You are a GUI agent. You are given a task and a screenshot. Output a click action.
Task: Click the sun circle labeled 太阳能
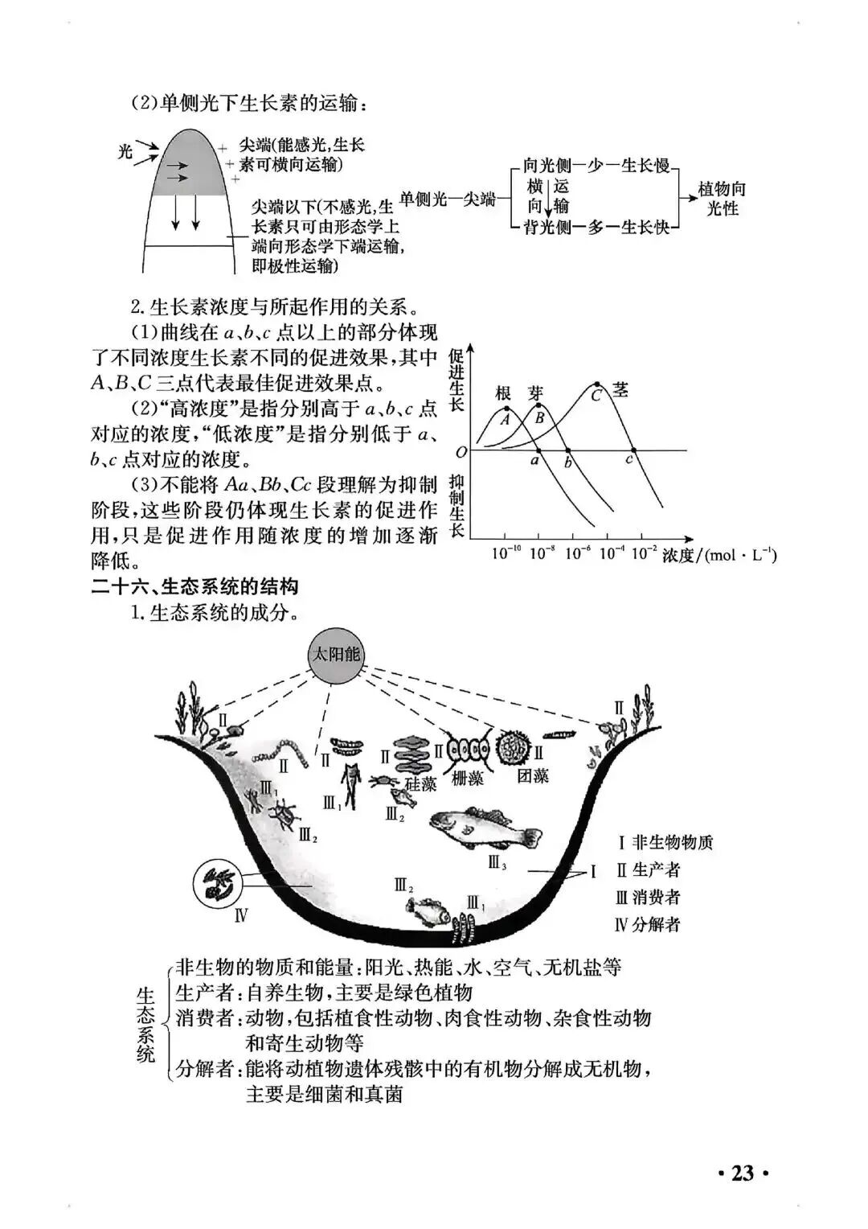pyautogui.click(x=337, y=655)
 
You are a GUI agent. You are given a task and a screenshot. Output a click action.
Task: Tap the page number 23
pyautogui.click(x=743, y=1173)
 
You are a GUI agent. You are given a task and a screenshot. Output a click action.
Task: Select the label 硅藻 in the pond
pyautogui.click(x=420, y=783)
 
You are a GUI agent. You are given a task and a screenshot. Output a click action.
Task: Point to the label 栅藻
pyautogui.click(x=468, y=778)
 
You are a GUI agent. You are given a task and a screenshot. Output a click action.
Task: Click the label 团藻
pyautogui.click(x=533, y=776)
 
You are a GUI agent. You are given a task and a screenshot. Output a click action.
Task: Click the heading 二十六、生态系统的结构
pyautogui.click(x=194, y=586)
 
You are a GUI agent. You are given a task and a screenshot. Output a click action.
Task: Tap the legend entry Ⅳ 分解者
pyautogui.click(x=647, y=924)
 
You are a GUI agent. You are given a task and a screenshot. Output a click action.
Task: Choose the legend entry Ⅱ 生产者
pyautogui.click(x=648, y=870)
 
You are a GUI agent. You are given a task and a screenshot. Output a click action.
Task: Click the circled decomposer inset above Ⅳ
pyautogui.click(x=219, y=882)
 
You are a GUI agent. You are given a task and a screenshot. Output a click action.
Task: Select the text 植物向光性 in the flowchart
pyautogui.click(x=722, y=199)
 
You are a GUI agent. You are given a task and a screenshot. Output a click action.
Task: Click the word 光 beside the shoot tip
pyautogui.click(x=125, y=150)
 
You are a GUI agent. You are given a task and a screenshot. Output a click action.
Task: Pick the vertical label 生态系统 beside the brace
pyautogui.click(x=145, y=1023)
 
